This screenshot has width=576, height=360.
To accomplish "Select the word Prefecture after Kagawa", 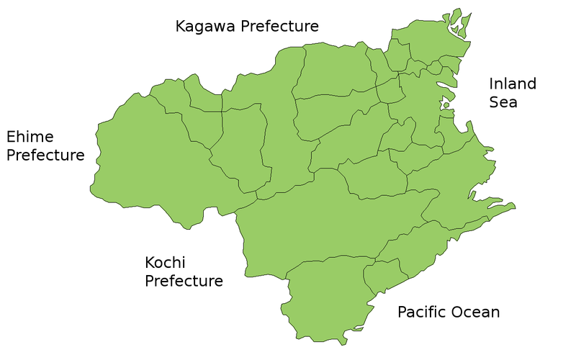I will [x=280, y=27].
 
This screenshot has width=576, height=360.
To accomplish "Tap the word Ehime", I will [x=30, y=137].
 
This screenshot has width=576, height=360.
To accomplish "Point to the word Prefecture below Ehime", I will [x=45, y=156].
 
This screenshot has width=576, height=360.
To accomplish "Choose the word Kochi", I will [x=166, y=262].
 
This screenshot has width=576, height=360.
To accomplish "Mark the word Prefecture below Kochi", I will [x=184, y=281].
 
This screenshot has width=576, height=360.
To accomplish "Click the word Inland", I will [x=513, y=84].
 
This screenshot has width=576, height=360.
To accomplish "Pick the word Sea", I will [x=503, y=102].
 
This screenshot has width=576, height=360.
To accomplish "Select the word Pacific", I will [x=422, y=312].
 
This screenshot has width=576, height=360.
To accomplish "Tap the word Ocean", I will [x=475, y=312].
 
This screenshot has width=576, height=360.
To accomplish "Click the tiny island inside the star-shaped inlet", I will [x=446, y=106].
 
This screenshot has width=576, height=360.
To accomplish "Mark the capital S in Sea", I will [x=495, y=102].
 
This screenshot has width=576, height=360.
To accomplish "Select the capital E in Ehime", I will [x=12, y=137].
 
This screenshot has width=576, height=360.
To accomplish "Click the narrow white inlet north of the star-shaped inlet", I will [x=455, y=29].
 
